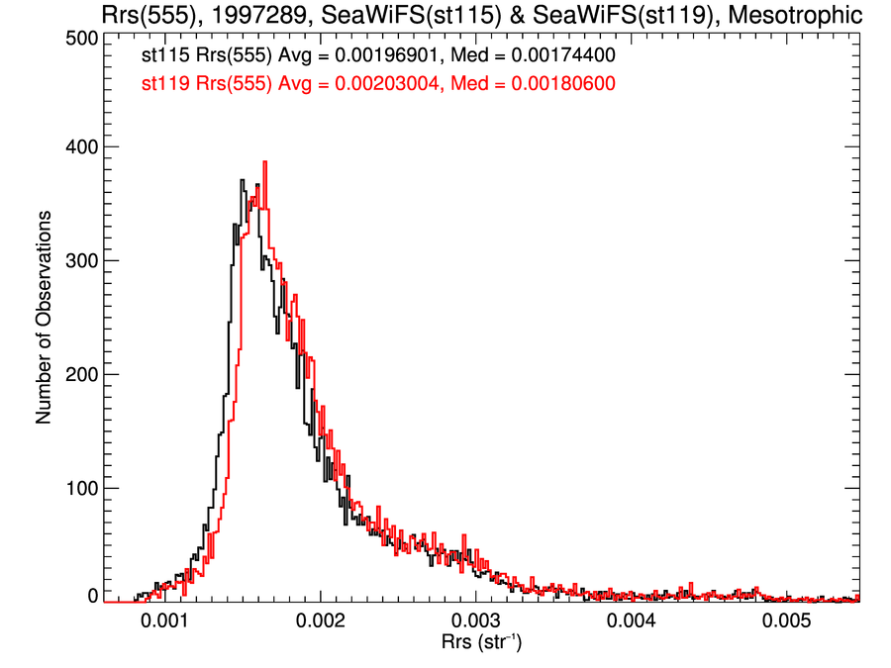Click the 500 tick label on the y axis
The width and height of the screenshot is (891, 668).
[x=79, y=38]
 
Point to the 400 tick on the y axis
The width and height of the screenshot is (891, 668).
[x=79, y=146]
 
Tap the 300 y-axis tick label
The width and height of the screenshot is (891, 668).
[x=79, y=260]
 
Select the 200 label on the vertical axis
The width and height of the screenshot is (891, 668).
[x=79, y=374]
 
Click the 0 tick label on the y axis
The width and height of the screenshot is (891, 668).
[x=92, y=596]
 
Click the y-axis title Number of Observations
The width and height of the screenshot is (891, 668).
[x=44, y=317]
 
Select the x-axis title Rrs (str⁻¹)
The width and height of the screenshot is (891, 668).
[x=482, y=643]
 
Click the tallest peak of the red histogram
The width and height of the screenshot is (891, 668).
[x=264, y=162]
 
